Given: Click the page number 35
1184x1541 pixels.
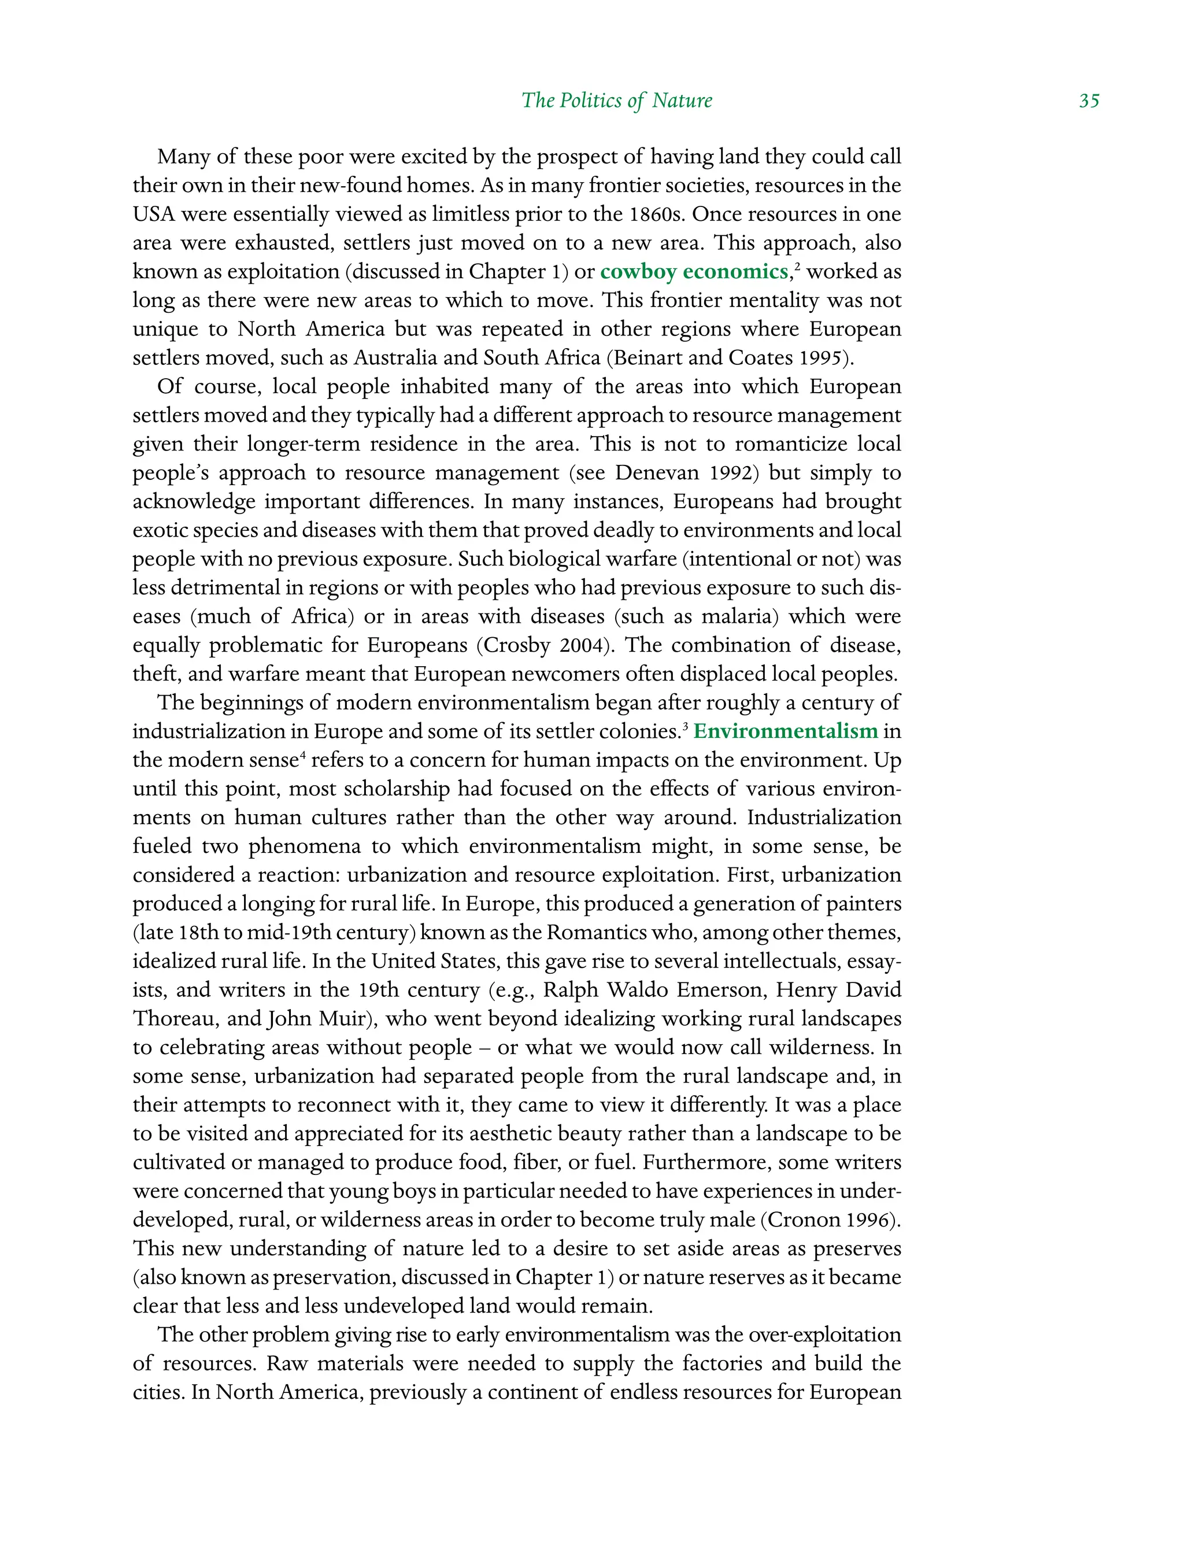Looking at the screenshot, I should point(1088,101).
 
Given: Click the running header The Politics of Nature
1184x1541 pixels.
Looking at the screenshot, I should point(617,101).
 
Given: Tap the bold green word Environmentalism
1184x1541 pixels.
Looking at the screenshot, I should point(785,731).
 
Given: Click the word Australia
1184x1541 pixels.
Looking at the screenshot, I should point(395,358).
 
